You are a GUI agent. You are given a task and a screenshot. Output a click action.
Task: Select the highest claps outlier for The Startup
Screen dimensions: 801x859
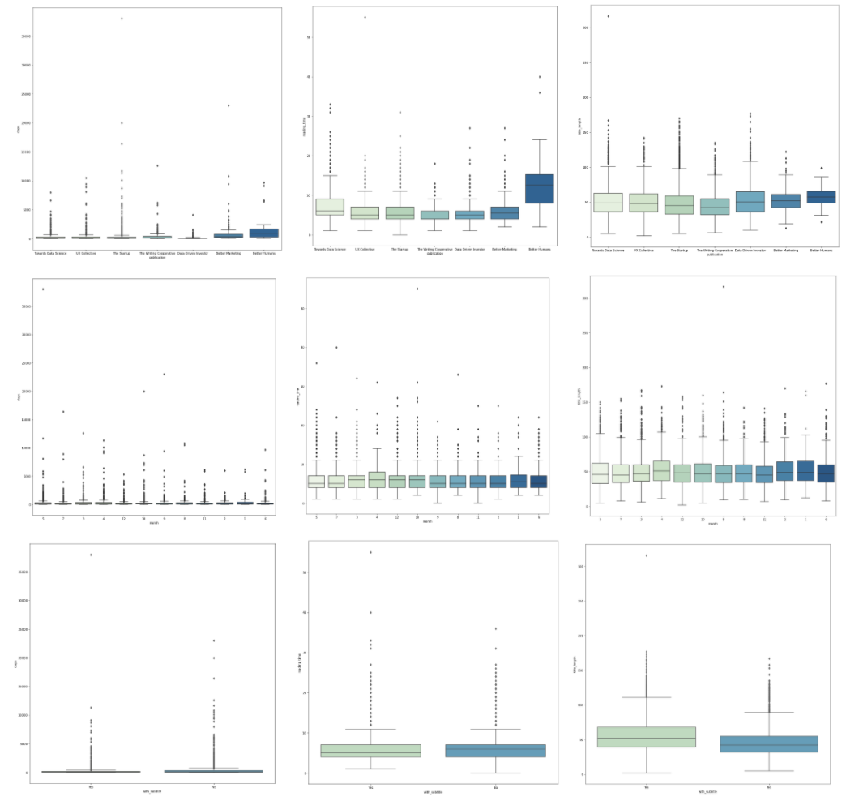click(122, 18)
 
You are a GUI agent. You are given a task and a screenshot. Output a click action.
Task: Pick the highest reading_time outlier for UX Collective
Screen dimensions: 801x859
click(365, 17)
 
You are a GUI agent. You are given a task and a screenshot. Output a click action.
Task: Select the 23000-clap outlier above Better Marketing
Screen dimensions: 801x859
click(229, 105)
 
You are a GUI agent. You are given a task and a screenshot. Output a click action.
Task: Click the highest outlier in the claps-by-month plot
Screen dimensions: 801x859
click(43, 289)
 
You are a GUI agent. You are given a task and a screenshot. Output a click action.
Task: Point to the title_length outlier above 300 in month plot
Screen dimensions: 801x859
click(723, 287)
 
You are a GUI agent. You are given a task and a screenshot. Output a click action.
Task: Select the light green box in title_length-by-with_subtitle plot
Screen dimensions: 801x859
click(647, 737)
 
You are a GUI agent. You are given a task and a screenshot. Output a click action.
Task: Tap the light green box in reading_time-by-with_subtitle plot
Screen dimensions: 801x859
click(371, 751)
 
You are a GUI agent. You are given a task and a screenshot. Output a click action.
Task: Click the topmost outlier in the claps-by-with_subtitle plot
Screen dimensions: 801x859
click(91, 555)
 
